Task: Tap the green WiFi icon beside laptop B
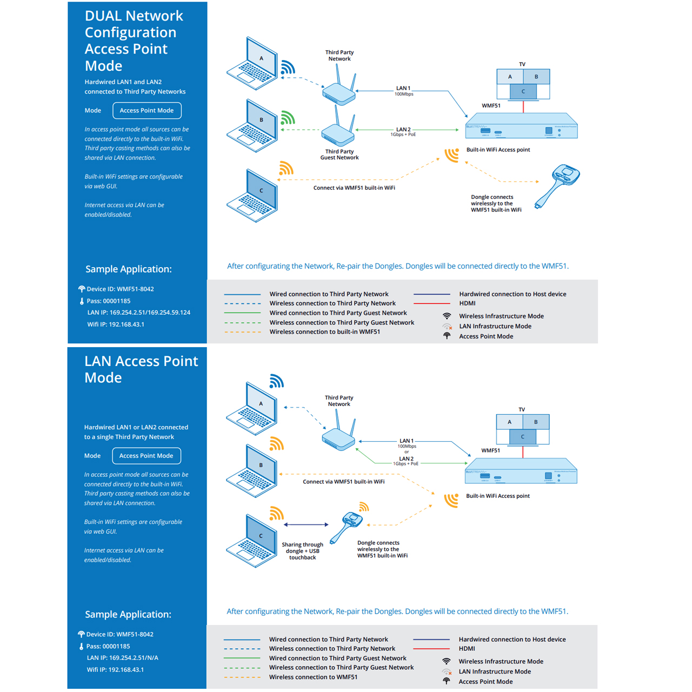point(288,118)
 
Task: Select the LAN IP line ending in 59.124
point(138,312)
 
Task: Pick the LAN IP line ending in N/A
point(122,658)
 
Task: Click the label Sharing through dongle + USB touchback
point(302,551)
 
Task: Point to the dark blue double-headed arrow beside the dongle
point(306,524)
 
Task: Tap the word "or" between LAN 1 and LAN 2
point(407,452)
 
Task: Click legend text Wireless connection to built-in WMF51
point(324,332)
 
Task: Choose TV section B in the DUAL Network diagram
point(536,77)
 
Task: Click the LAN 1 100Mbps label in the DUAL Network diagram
point(403,91)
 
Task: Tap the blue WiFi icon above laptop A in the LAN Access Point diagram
point(276,381)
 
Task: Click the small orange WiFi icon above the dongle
point(364,507)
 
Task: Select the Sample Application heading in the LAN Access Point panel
point(128,614)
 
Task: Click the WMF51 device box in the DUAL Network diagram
point(521,127)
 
